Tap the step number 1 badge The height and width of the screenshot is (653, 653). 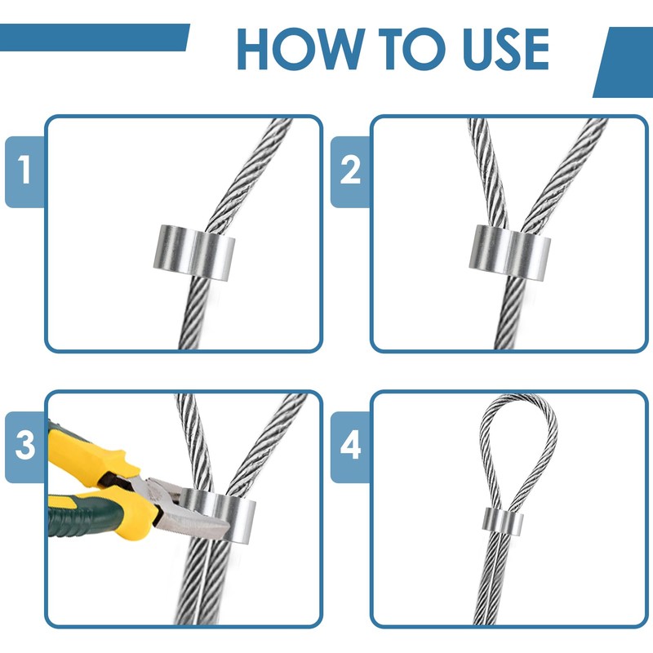[x=24, y=171]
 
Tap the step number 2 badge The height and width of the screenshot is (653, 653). [x=350, y=171]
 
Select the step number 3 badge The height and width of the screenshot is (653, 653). [x=24, y=446]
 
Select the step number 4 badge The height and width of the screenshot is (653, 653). [x=350, y=446]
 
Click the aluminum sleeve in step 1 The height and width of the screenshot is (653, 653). [x=194, y=252]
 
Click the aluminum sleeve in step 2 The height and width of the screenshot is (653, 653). [x=509, y=252]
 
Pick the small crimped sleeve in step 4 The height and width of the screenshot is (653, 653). [x=503, y=522]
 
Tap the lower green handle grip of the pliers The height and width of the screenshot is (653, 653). [x=83, y=517]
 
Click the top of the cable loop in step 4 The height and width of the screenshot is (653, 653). [x=519, y=398]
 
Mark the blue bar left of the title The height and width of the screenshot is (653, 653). [x=95, y=38]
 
